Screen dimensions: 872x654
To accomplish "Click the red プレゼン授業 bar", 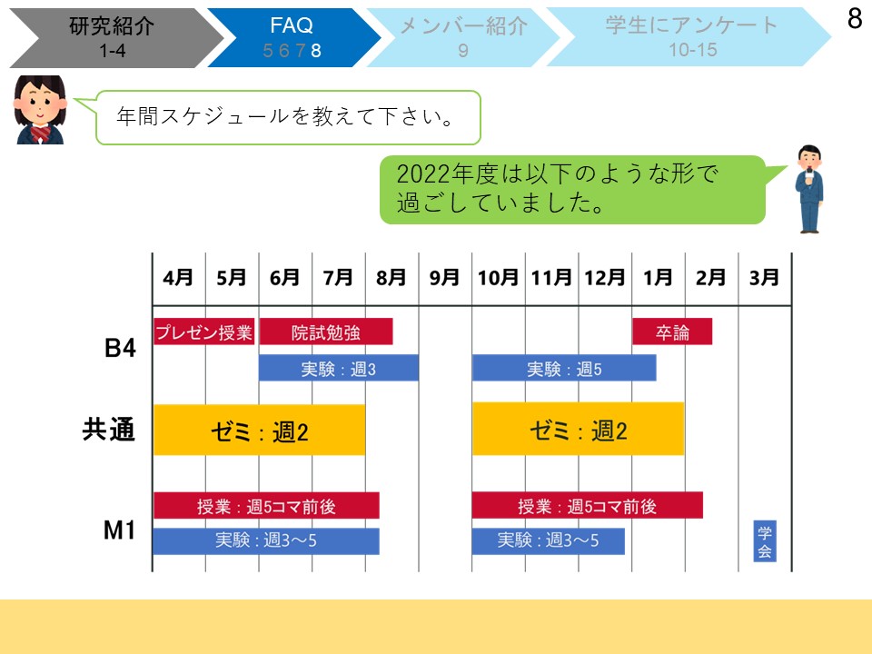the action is coord(204,332).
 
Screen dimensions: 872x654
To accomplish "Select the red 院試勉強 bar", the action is coord(326,332).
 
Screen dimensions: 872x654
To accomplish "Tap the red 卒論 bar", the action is coord(672,332).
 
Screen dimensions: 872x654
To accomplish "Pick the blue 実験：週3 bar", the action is coord(339,368).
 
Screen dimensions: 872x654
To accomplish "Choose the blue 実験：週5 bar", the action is coord(564,368).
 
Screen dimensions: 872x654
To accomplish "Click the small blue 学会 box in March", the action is coord(765,541).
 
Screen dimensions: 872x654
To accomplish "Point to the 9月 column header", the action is coord(444,278).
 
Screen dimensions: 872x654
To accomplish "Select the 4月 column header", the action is coord(178,278).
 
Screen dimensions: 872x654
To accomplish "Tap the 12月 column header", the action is coord(605,278).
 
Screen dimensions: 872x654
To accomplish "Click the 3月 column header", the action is coord(764,278).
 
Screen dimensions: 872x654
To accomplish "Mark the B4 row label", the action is coord(120,348).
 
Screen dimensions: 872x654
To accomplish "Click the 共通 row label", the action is coord(109,430).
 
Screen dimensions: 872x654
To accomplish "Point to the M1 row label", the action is coord(120,530).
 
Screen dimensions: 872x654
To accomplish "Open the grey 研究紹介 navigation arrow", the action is coord(115,38).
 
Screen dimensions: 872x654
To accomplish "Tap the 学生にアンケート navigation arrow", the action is coord(689,36).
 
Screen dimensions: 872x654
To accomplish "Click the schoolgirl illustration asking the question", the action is coord(40,110).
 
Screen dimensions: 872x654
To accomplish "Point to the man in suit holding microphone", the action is coord(809,189).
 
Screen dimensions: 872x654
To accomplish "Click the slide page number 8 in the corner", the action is coord(855,18).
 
